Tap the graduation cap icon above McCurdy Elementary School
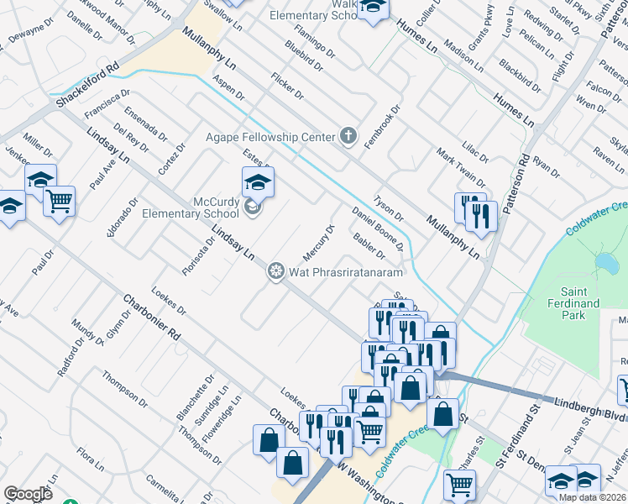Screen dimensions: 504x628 (259, 181)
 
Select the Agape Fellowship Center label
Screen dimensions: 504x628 (271, 136)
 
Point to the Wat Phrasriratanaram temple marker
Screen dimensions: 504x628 (275, 271)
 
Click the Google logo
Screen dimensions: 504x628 (28, 494)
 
